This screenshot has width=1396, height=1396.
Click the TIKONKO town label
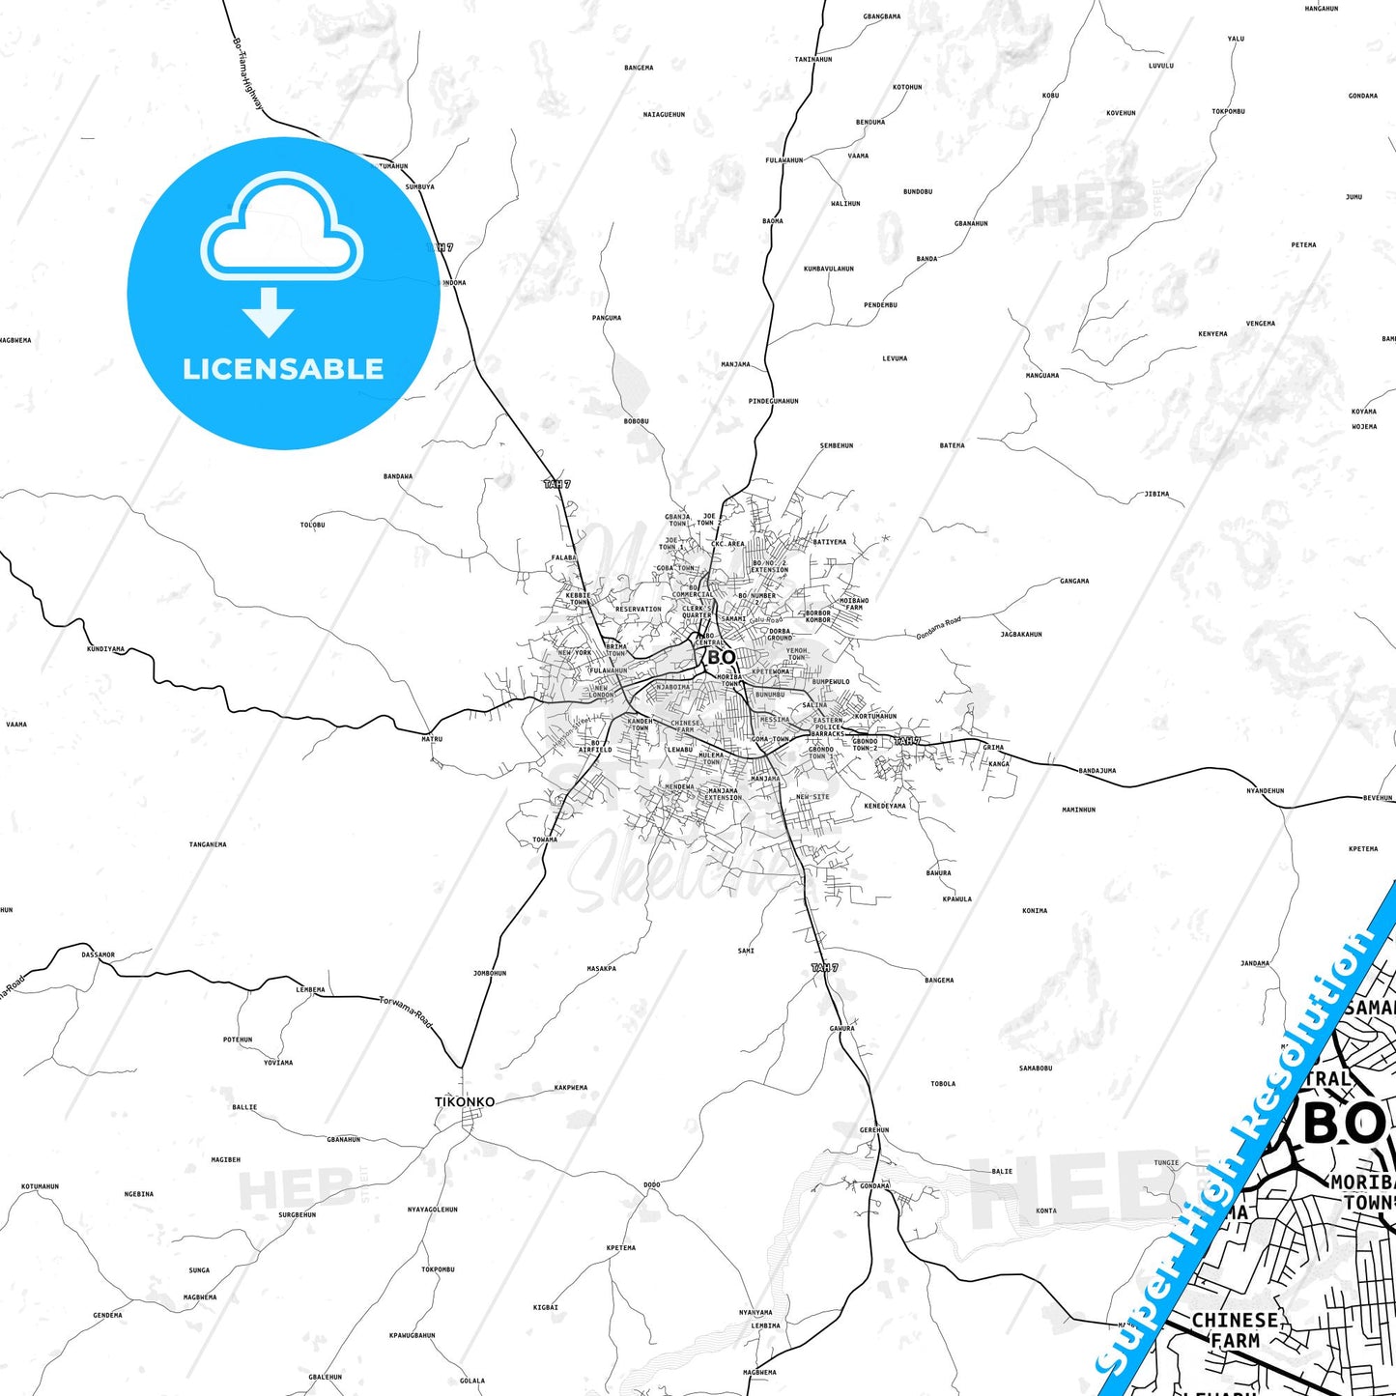point(465,1101)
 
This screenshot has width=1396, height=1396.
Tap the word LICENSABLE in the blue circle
point(283,369)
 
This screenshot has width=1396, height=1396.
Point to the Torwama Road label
point(406,1011)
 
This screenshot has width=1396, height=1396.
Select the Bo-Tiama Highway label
point(246,72)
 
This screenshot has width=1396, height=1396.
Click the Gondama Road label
point(938,628)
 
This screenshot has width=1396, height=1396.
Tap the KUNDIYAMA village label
point(105,649)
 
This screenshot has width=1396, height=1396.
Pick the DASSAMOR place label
point(98,954)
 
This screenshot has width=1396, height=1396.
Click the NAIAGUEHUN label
point(664,115)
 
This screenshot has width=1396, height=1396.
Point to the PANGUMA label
point(607,318)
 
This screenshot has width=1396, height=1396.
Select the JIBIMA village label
point(1156,494)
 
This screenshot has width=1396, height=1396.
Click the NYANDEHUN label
point(1265,790)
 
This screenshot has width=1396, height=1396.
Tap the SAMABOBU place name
point(1035,1068)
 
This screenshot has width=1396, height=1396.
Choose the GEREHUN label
point(874,1129)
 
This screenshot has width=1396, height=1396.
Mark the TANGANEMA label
point(208,844)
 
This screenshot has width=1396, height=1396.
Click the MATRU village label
point(432,739)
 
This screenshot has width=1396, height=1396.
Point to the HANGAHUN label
point(1321,9)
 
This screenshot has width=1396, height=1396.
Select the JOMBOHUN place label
point(490,973)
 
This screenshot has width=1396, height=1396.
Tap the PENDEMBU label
point(880,305)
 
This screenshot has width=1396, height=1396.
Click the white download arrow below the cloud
point(269,311)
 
